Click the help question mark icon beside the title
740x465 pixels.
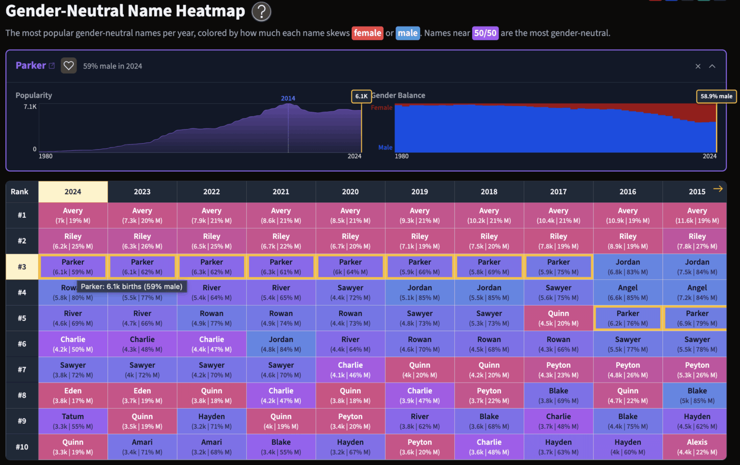[x=261, y=12]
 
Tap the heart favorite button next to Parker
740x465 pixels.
[x=69, y=66]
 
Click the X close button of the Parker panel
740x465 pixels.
[x=698, y=66]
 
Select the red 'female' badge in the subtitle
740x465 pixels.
[x=367, y=33]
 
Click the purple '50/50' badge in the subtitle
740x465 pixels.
[x=485, y=33]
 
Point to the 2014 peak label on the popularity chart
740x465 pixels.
[x=288, y=98]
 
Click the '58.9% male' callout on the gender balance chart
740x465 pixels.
[x=716, y=96]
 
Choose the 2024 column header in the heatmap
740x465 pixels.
[x=73, y=192]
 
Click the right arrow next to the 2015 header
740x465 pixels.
[x=718, y=189]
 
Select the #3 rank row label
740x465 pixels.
[x=22, y=267]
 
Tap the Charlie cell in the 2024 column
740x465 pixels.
[x=73, y=344]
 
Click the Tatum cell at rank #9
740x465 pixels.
[x=73, y=421]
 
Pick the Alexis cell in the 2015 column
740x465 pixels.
[x=697, y=447]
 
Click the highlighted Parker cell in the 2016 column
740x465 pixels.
[x=627, y=318]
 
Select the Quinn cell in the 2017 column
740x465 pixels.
[x=558, y=318]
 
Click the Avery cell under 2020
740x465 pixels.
[x=350, y=215]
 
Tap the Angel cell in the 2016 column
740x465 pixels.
[x=627, y=292]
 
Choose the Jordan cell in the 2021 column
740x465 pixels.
[x=281, y=344]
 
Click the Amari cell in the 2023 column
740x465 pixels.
[x=142, y=447]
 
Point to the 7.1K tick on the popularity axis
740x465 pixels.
[x=30, y=106]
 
